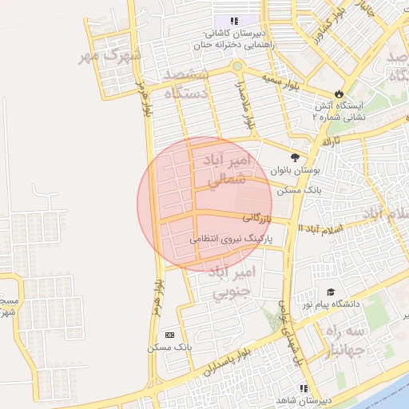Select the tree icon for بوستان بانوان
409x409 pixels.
[x=296, y=158]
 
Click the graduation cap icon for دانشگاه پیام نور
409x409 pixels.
[x=330, y=293]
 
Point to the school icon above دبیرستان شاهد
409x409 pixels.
[x=303, y=388]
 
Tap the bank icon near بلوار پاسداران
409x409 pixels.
[x=169, y=335]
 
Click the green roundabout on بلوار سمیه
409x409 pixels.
[x=237, y=66]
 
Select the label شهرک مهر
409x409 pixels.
[x=110, y=56]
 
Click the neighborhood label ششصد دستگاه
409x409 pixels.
[x=186, y=83]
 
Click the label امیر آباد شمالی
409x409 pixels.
[x=230, y=171]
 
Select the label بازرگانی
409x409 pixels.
[x=258, y=216]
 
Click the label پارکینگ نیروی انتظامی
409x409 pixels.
[x=232, y=238]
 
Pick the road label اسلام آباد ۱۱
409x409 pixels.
[x=319, y=228]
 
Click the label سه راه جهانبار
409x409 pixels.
[x=345, y=340]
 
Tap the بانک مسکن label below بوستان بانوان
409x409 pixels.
[x=299, y=192]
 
